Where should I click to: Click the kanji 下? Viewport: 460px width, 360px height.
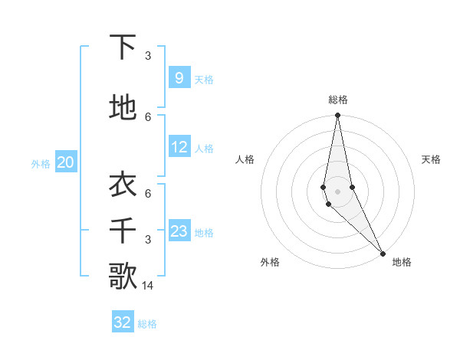pos(123,47)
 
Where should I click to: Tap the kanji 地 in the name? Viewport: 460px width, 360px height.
pos(123,108)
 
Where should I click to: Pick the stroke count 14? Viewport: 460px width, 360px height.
pos(148,285)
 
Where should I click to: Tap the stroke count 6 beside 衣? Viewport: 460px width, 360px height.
pos(148,194)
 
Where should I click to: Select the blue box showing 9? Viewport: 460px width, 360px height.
pos(179,78)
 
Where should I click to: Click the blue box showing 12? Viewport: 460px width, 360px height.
pos(179,147)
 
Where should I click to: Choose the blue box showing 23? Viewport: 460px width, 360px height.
pos(179,231)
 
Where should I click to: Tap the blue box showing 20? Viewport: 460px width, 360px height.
pos(66,162)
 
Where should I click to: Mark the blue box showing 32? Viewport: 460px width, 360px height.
pos(123,322)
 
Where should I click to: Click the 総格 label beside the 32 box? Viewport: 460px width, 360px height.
pos(147,324)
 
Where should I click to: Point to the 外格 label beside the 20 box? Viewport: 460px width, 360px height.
pos(41,163)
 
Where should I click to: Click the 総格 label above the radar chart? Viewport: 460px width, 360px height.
pos(337,100)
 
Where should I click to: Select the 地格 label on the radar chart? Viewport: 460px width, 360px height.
pos(402,262)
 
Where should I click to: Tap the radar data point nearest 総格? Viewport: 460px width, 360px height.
pos(337,116)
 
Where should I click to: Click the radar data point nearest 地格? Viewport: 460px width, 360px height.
pos(383,254)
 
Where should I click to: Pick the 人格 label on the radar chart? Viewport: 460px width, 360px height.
pos(245,159)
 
